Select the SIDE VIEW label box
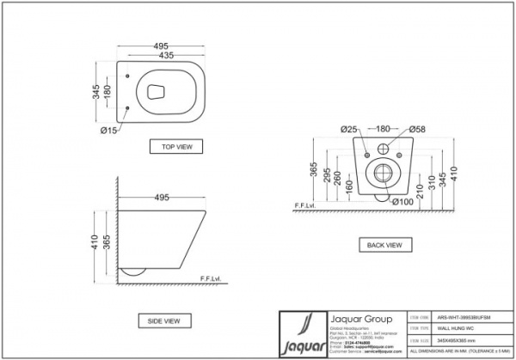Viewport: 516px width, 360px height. pos(164,320)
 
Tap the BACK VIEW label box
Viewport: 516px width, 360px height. pos(383,244)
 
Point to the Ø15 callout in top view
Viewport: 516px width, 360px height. pos(108,130)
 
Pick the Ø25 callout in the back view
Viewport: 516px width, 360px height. pos(348,129)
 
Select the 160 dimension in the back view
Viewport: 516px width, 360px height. pos(347,188)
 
